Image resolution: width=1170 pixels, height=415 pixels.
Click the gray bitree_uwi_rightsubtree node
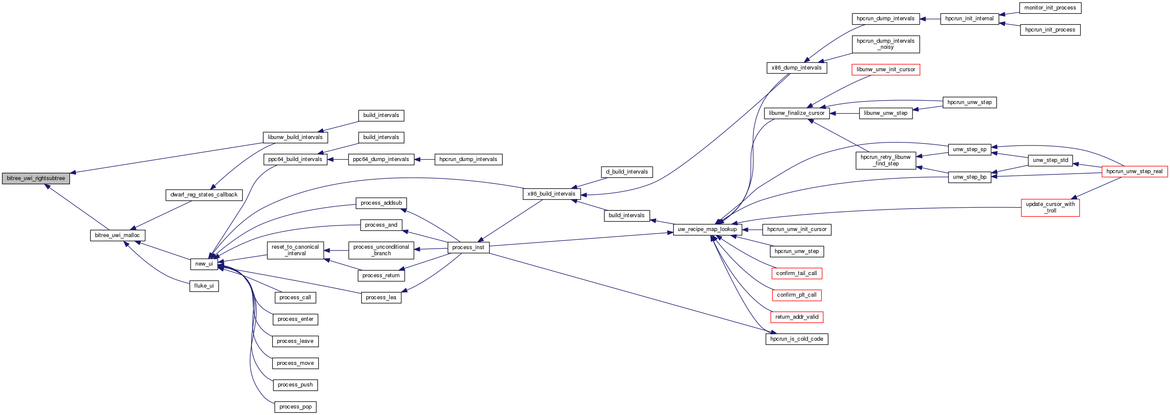point(36,178)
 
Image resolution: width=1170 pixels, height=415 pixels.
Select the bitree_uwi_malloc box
point(118,235)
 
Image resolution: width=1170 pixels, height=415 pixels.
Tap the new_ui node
point(204,264)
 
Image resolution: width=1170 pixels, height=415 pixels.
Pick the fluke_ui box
point(204,286)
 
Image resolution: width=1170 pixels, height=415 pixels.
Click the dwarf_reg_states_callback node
point(204,195)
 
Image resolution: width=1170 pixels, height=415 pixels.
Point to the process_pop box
point(295,407)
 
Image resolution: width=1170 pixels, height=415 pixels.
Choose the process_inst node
point(468,247)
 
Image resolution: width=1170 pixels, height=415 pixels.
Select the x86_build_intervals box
point(551,194)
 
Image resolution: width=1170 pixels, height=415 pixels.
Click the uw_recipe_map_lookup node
point(707,229)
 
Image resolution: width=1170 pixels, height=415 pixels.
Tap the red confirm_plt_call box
point(797,295)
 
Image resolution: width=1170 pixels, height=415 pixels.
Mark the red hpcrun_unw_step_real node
point(1134,171)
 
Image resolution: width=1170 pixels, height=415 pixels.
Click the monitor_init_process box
point(1050,8)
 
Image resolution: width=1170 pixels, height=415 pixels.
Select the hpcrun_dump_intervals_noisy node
point(886,44)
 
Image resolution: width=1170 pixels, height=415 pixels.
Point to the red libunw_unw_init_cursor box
point(886,70)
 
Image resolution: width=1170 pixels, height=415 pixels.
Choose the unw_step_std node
point(1050,160)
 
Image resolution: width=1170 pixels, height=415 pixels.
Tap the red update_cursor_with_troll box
point(1050,207)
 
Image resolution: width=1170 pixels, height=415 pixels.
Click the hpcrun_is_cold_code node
point(797,339)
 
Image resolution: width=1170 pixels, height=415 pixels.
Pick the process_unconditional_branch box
point(381,250)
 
